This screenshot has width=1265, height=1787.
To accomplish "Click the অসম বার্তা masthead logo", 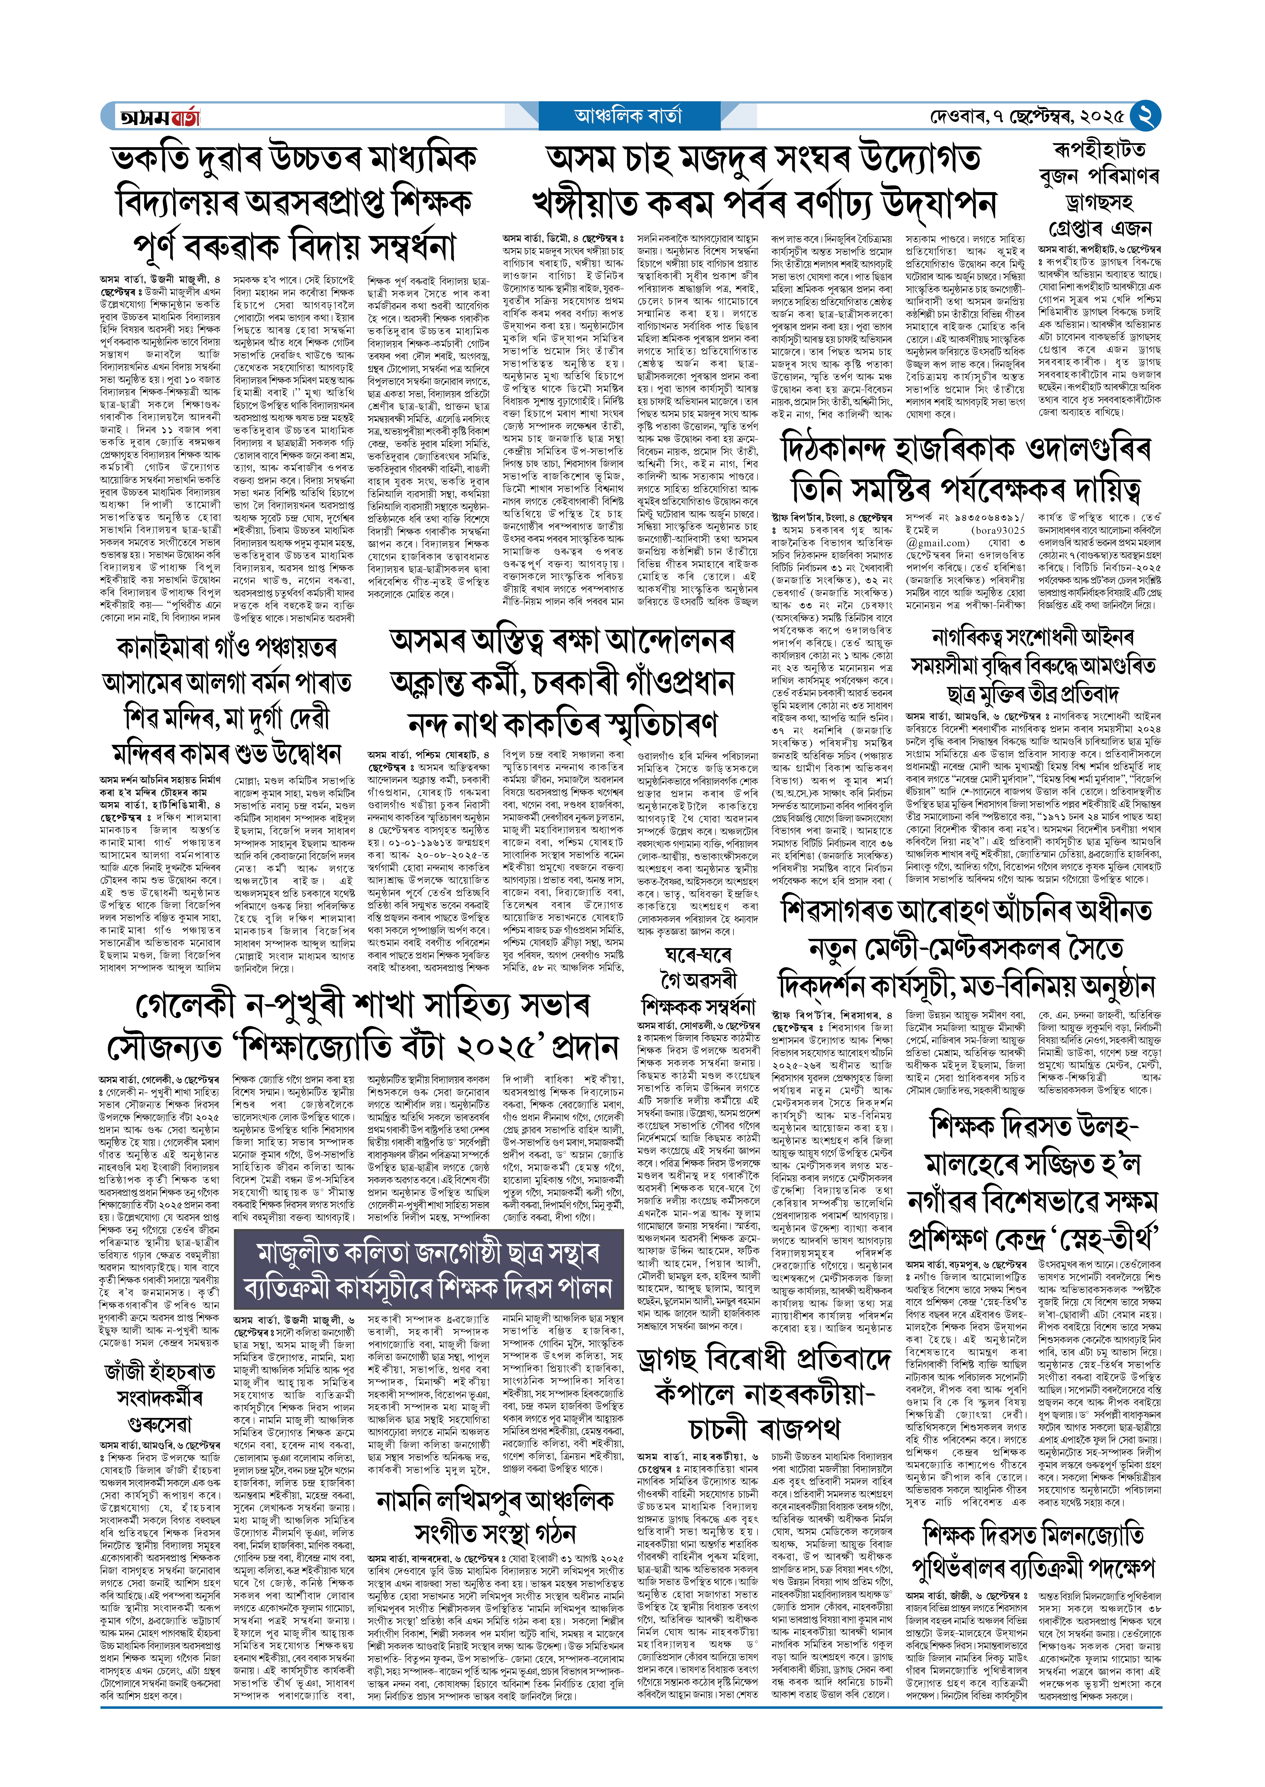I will point(160,117).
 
